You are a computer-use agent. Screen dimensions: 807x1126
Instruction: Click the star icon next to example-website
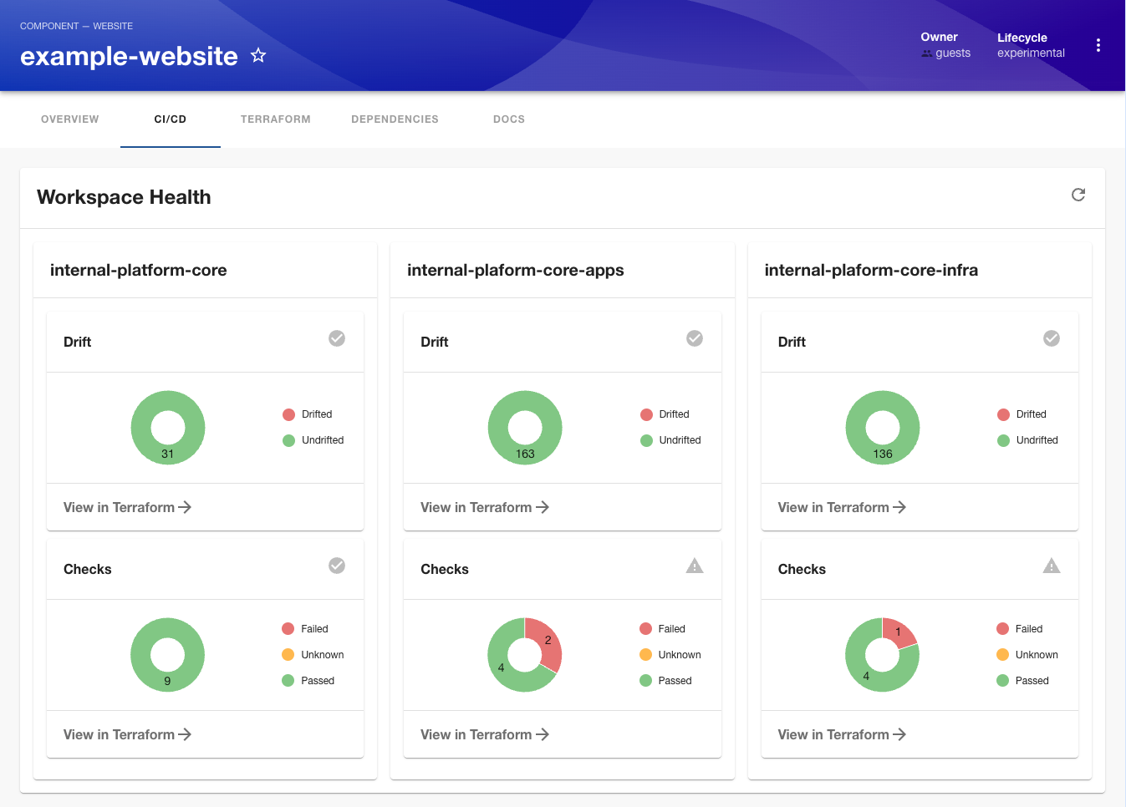tap(258, 56)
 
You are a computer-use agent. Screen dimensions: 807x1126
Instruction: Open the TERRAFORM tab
tap(275, 119)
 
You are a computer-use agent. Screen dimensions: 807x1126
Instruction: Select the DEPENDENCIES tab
tap(395, 119)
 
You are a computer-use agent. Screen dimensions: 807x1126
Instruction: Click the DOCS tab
tap(508, 119)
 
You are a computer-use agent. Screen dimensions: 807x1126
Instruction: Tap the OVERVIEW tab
tap(70, 119)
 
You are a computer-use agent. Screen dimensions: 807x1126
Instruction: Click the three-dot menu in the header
tap(1098, 45)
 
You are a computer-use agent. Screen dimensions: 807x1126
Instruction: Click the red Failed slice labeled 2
tap(547, 641)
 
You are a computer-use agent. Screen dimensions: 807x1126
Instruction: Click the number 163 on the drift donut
tap(525, 454)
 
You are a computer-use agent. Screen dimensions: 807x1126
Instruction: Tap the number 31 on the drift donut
tap(167, 454)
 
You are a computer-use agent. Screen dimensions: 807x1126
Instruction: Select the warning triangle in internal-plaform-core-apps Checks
tap(695, 566)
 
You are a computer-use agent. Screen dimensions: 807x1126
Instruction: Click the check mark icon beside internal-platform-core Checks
tap(337, 566)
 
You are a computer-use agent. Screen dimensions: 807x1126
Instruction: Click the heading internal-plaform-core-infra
tap(871, 271)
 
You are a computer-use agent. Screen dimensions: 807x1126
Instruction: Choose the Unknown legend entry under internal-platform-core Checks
tap(313, 655)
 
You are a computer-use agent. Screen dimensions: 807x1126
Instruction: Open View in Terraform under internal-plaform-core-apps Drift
tap(485, 507)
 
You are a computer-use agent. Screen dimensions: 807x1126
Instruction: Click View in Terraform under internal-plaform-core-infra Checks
tap(842, 734)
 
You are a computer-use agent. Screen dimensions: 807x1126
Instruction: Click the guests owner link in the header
tap(952, 53)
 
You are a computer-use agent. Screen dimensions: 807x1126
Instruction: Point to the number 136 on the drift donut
tap(883, 454)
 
